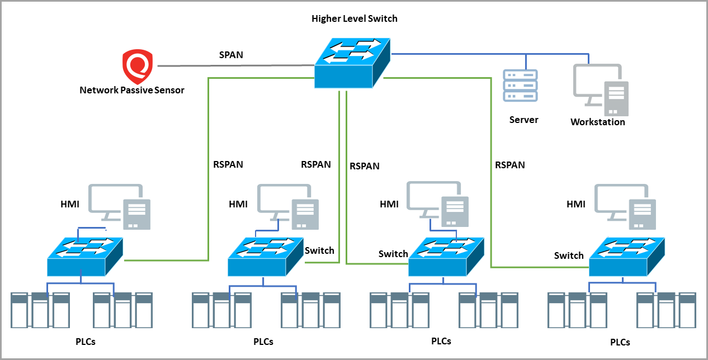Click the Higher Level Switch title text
pos(354,18)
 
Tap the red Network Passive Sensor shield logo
pos(138,66)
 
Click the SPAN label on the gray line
pos(230,55)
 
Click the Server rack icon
pos(520,86)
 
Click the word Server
pos(523,120)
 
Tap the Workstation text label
pos(597,122)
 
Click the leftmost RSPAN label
pos(228,165)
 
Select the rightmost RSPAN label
pos(509,165)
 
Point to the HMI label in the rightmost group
pos(575,205)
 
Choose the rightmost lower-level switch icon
pos(627,257)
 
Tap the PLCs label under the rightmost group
pos(620,342)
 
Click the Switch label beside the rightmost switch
pos(569,255)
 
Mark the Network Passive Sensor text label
pos(131,90)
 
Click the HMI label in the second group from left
pos(238,205)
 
